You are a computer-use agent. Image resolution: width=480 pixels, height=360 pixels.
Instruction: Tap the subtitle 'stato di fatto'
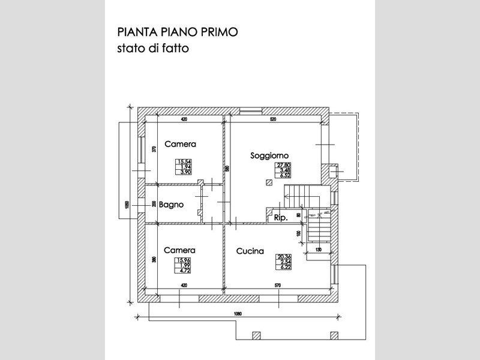(152, 49)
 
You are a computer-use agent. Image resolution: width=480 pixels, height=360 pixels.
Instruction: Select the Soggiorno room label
(270, 155)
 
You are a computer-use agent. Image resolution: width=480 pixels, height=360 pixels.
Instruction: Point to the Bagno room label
(171, 204)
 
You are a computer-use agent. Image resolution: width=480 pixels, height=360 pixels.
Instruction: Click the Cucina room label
(250, 251)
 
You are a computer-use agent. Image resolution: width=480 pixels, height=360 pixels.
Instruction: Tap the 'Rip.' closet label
(280, 218)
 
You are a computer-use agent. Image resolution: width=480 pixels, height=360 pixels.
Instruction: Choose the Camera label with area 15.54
(181, 144)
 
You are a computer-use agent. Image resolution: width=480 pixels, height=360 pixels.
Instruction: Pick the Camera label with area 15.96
(180, 250)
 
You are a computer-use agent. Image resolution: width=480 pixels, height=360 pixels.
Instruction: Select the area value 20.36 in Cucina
(284, 257)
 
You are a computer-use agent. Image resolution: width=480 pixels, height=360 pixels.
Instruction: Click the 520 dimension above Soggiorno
(273, 119)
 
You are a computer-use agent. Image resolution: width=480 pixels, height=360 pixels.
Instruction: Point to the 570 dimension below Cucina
(277, 286)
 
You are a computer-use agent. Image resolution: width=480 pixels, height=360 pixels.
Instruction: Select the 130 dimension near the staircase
(319, 249)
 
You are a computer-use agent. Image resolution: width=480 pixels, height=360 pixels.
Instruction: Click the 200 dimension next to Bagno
(154, 204)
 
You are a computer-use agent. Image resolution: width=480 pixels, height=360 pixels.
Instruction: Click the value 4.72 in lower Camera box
(183, 271)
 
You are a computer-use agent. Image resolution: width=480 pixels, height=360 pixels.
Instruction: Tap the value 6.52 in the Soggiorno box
(284, 176)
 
